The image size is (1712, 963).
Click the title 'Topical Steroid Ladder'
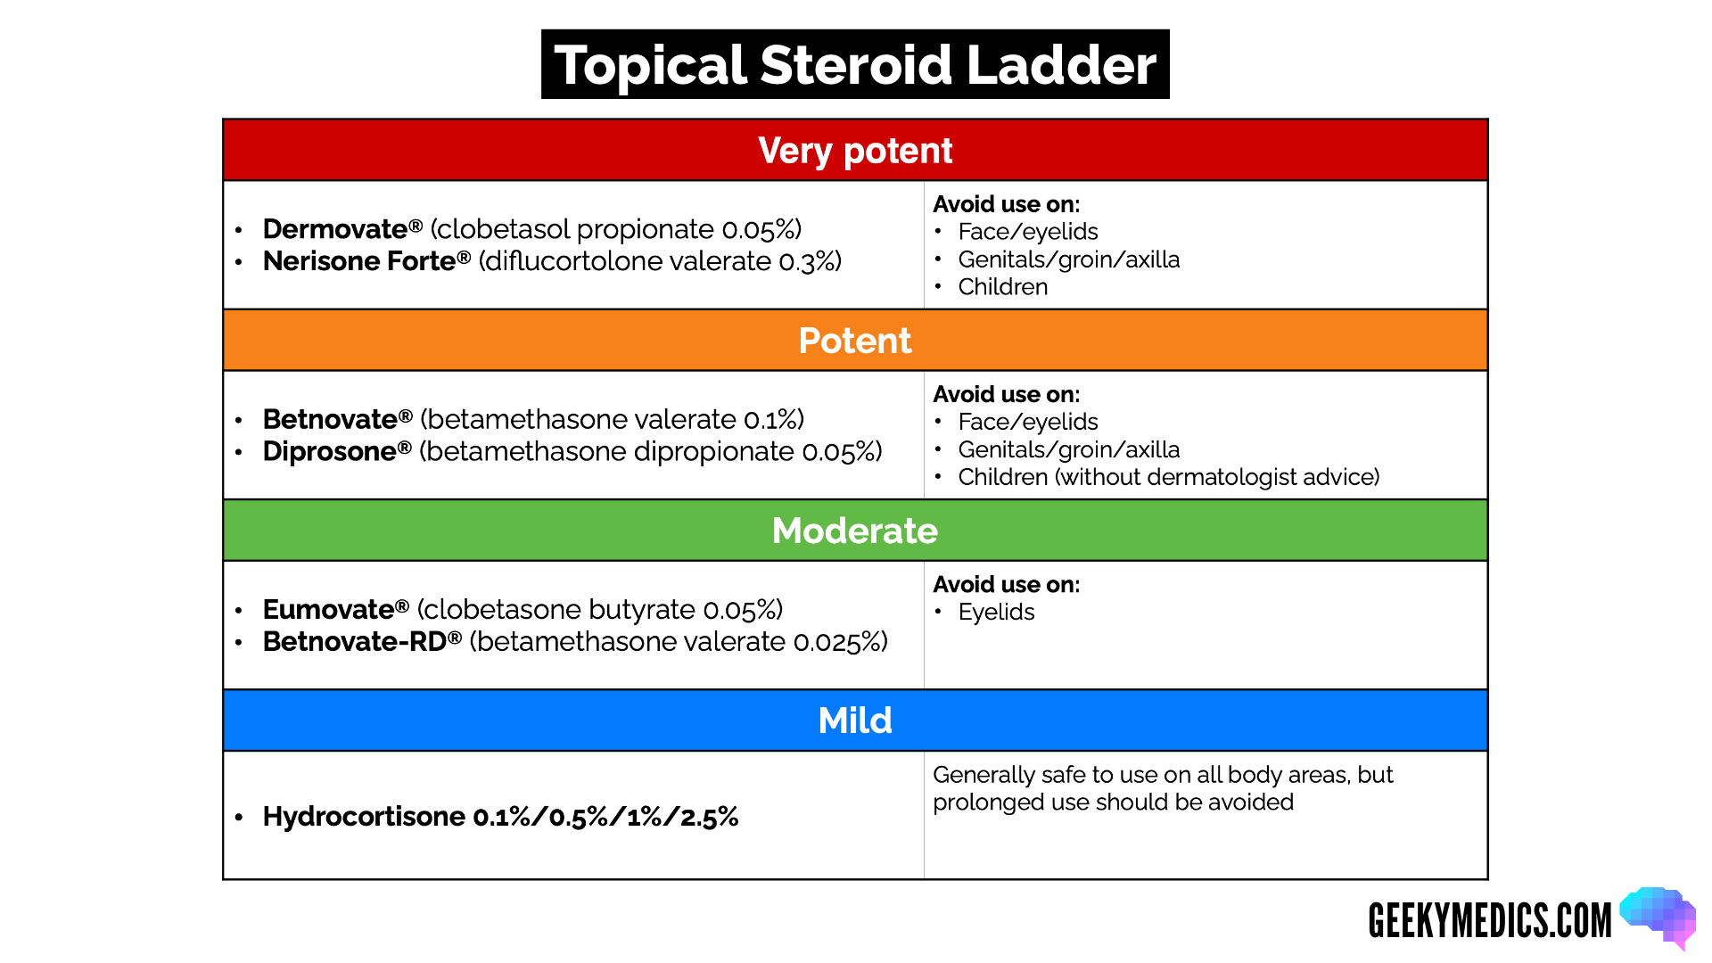click(855, 65)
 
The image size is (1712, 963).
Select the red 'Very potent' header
click(855, 151)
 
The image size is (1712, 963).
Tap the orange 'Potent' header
click(855, 341)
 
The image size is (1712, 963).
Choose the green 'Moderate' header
click(855, 531)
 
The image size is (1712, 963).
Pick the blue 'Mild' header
click(855, 720)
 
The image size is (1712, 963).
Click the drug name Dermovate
click(335, 229)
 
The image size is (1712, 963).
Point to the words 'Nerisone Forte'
click(359, 261)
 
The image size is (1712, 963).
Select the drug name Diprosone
click(329, 451)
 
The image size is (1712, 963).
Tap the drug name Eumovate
click(328, 610)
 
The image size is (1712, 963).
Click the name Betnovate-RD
click(355, 642)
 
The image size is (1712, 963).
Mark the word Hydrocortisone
click(364, 817)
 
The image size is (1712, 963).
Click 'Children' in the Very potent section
click(1003, 287)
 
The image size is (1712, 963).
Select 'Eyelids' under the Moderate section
click(996, 613)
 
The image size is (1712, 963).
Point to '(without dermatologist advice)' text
click(1217, 477)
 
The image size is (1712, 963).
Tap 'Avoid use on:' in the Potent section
click(1006, 394)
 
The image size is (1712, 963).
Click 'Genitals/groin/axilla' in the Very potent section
click(1068, 259)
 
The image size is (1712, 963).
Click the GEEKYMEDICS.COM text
click(1490, 921)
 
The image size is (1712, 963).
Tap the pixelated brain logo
click(1659, 917)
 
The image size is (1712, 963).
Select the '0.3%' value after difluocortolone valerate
click(810, 261)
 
